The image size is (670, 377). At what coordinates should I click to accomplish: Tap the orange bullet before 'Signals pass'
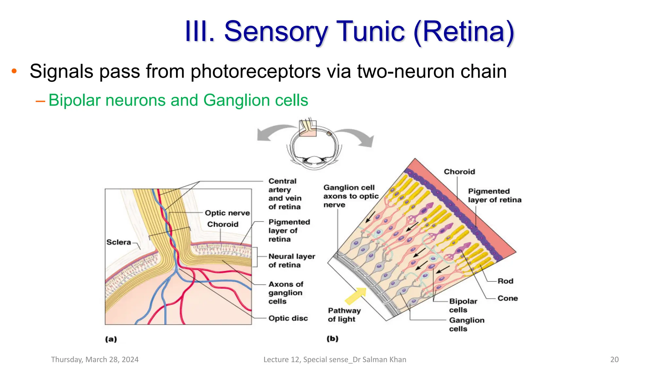click(x=14, y=71)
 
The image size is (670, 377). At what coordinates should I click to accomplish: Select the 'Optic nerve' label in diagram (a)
click(x=227, y=213)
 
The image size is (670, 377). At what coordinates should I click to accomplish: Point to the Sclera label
click(x=118, y=242)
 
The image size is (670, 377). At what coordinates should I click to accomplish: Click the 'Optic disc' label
click(x=288, y=318)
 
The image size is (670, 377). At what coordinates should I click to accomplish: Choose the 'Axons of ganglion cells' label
click(x=286, y=293)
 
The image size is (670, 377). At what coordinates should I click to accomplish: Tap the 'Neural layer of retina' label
click(x=291, y=260)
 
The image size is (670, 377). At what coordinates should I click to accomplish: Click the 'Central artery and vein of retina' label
click(x=284, y=194)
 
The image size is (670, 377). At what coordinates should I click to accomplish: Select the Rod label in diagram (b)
click(x=505, y=281)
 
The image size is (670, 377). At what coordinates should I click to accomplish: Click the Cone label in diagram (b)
click(x=507, y=298)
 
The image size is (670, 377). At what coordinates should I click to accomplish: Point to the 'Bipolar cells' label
click(x=463, y=305)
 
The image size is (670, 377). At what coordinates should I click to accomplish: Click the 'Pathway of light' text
click(x=344, y=314)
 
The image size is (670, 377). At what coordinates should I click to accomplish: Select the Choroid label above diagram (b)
click(x=459, y=172)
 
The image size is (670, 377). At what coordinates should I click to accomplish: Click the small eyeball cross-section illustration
click(x=314, y=146)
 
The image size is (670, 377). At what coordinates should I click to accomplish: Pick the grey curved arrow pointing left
click(x=275, y=132)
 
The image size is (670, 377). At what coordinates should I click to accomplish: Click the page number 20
click(x=614, y=359)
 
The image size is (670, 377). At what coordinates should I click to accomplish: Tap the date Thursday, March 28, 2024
click(x=95, y=359)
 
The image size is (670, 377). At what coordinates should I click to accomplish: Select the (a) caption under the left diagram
click(x=111, y=339)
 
